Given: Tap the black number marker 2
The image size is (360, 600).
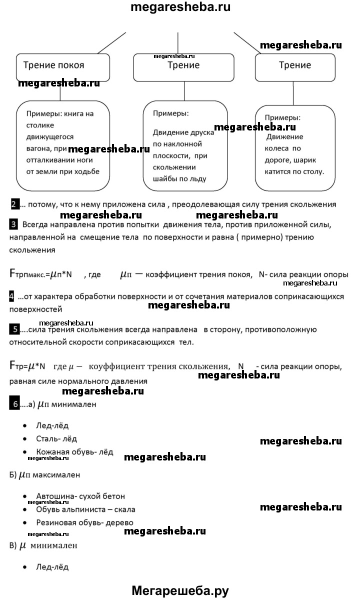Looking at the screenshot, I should [x=15, y=204].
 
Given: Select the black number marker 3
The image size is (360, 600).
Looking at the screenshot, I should [x=13, y=223].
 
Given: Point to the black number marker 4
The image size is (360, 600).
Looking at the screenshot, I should [x=12, y=296].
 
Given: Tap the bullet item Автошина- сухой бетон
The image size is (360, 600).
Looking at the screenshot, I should [x=80, y=496].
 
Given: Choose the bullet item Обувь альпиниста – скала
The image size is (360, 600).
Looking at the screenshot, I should [x=85, y=509].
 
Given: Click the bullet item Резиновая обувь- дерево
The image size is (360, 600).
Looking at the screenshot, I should [x=84, y=522].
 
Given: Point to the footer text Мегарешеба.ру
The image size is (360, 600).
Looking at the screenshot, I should [x=180, y=590].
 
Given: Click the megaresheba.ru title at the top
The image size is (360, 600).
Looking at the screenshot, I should [x=180, y=7].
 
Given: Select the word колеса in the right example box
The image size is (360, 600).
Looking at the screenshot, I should [x=276, y=148].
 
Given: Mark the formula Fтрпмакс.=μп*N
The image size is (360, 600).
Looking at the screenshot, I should [x=41, y=274].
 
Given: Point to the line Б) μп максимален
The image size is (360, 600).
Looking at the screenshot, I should [x=44, y=474].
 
